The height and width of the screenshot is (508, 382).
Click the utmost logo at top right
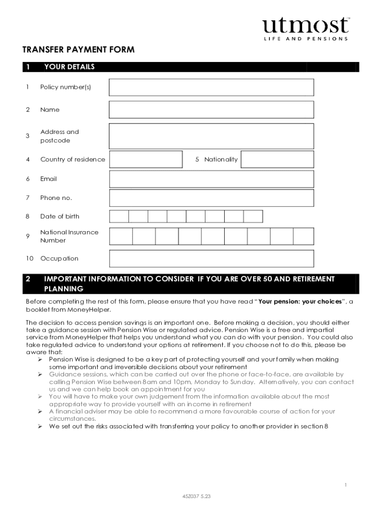coord(306,29)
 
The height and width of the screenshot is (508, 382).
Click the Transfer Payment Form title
coord(78,50)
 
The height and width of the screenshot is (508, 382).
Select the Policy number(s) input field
coord(211,87)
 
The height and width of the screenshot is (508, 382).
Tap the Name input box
coord(211,110)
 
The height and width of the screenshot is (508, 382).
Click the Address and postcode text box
coord(211,136)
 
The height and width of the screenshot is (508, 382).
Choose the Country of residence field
coord(146,159)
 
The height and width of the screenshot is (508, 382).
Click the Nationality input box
coord(277,159)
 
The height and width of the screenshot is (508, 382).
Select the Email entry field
coord(211,179)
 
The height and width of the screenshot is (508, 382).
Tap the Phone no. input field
coord(211,198)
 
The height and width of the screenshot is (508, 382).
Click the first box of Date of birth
coord(119,216)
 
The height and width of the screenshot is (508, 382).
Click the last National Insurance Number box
coord(303,236)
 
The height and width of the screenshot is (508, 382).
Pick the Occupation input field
coord(211,258)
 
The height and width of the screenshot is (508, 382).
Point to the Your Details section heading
coord(69,67)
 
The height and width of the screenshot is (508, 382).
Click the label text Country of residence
coord(72,159)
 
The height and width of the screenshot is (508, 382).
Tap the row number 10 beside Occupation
coord(30,258)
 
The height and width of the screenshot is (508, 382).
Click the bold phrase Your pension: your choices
coord(300,301)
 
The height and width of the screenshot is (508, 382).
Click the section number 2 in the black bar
coord(28,279)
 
